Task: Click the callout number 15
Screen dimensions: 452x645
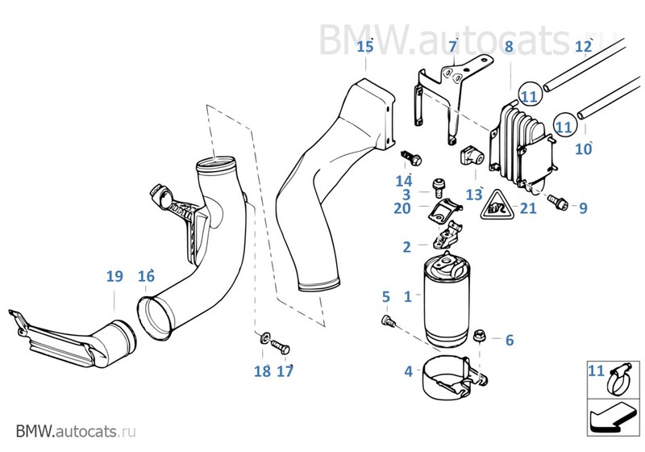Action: click(x=365, y=46)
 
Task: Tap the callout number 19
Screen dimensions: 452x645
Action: click(x=114, y=276)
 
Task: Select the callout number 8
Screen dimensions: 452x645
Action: click(x=509, y=46)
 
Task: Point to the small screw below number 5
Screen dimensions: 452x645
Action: click(x=385, y=321)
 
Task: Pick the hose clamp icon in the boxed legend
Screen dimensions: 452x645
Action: click(x=615, y=377)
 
